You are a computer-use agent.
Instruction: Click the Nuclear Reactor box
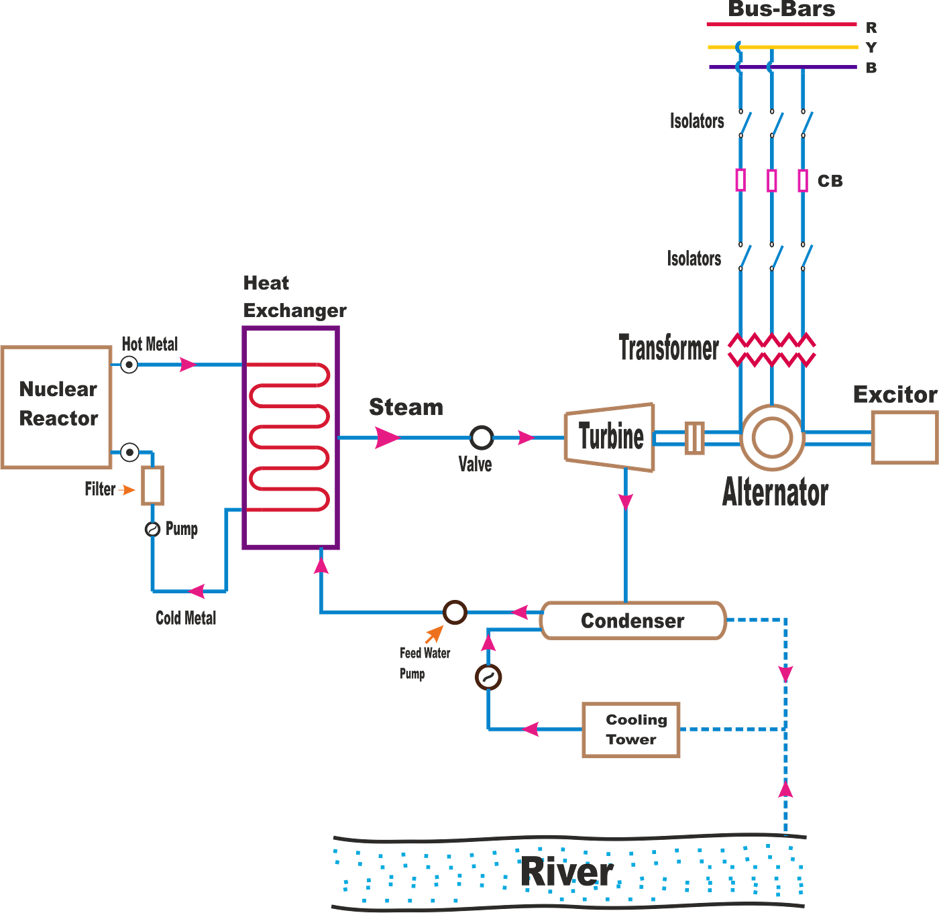point(57,407)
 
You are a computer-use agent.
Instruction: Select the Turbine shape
point(610,438)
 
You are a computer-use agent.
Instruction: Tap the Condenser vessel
point(632,621)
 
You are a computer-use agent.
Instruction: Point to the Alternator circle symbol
point(771,438)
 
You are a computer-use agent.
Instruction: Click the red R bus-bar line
point(781,25)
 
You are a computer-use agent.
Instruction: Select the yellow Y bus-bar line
point(782,48)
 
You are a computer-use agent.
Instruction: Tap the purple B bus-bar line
point(782,68)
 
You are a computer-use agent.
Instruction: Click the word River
point(567,872)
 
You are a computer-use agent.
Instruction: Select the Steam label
point(406,407)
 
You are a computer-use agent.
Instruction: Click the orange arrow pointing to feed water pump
point(435,633)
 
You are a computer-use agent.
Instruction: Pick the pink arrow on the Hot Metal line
point(186,365)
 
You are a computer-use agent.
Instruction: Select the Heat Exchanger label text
point(294,296)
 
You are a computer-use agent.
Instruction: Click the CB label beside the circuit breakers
point(830,181)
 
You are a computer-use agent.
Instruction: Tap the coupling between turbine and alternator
point(694,438)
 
